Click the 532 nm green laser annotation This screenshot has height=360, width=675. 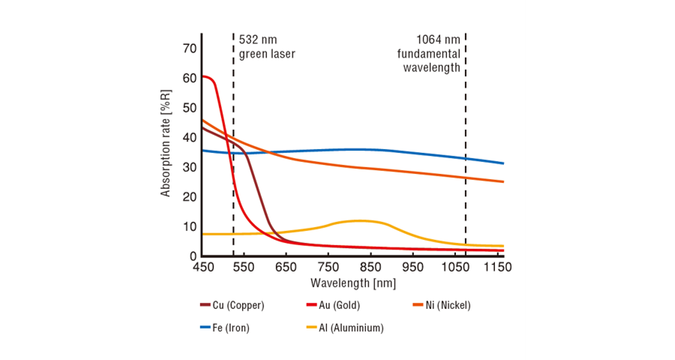click(267, 46)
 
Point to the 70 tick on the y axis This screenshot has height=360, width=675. click(189, 49)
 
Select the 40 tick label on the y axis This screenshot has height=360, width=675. click(189, 138)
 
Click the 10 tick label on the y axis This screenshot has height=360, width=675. click(189, 226)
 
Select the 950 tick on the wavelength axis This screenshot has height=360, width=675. click(413, 267)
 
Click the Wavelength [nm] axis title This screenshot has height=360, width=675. click(352, 283)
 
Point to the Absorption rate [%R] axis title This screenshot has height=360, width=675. click(166, 143)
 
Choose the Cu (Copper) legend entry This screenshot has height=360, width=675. click(232, 305)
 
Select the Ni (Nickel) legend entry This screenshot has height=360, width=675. click(442, 305)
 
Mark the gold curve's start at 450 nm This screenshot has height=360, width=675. click(203, 76)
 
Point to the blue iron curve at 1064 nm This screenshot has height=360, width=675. click(465, 158)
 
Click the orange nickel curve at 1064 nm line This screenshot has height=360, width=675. click(465, 177)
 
